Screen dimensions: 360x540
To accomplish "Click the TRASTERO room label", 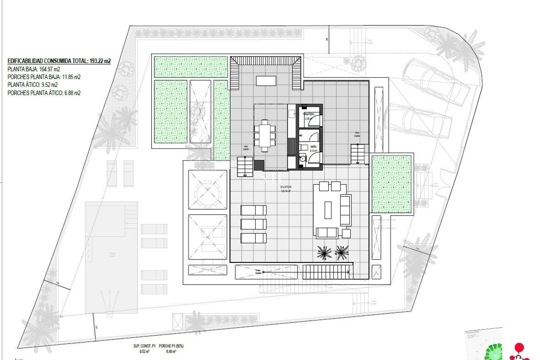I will point(309,114).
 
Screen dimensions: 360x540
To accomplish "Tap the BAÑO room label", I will point(313,147).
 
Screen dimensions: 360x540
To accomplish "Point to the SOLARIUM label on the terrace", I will point(285,187).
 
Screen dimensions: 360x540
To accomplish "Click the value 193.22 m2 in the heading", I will point(100,61).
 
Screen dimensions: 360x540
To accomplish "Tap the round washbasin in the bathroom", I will point(303,159).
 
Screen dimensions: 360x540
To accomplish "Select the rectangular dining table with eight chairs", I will point(265,136).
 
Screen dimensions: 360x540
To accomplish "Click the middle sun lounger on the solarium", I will point(253,224).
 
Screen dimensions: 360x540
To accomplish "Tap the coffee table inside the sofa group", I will point(328,210).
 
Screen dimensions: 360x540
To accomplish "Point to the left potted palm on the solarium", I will point(324,252).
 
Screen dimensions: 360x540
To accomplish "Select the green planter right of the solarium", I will point(391,184).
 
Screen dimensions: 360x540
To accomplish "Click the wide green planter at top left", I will point(191,67).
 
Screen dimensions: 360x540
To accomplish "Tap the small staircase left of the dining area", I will point(245,166).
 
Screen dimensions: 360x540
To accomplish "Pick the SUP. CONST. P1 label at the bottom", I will point(144,346).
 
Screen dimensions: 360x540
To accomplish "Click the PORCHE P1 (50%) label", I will point(171,346).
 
